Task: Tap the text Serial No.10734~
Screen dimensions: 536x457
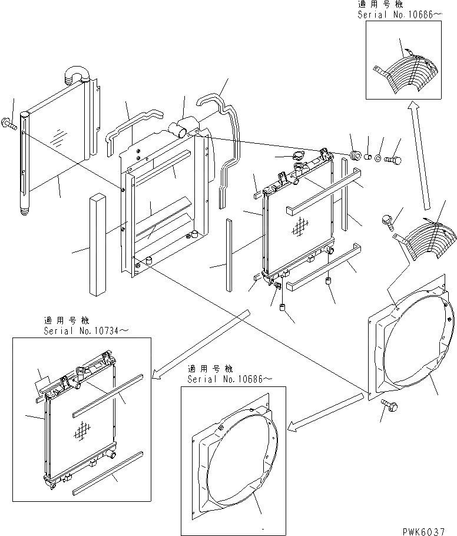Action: (85, 332)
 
